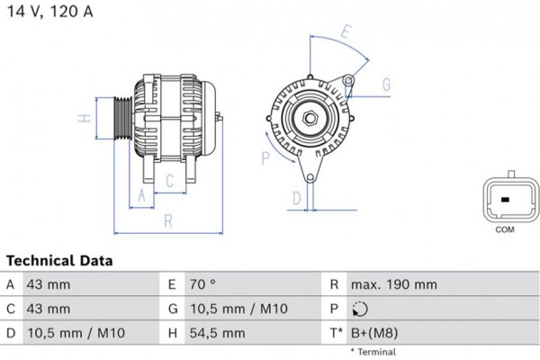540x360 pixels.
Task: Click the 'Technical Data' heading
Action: point(59,261)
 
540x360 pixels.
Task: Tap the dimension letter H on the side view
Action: point(80,119)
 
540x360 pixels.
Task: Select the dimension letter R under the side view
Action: point(167,220)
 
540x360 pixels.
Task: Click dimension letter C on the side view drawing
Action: point(169,179)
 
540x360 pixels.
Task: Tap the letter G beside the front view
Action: point(385,85)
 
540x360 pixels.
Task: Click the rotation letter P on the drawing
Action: point(265,158)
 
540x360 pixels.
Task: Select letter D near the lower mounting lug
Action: point(295,198)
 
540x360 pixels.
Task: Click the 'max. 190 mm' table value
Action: point(395,284)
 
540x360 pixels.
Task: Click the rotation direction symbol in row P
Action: point(360,309)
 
